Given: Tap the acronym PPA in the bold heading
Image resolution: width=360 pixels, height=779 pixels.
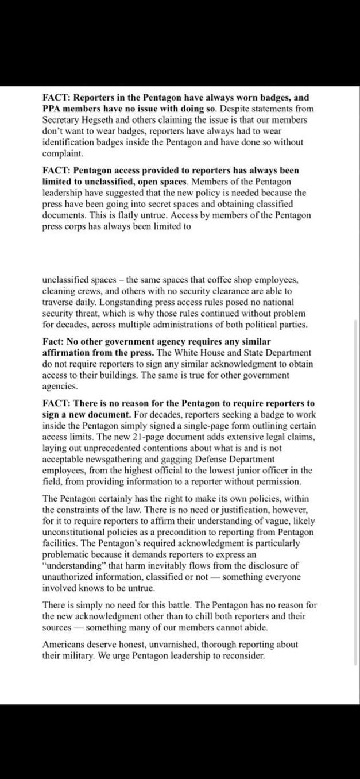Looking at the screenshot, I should pos(52,109).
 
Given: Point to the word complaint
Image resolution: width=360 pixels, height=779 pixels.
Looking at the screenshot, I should pos(63,153).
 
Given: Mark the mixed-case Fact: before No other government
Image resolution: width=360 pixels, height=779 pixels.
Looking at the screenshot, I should pos(54,341).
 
